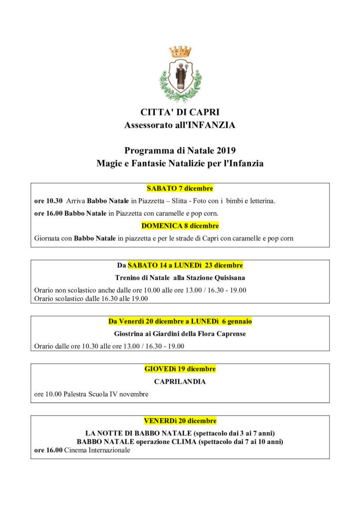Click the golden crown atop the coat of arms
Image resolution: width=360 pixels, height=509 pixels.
180,51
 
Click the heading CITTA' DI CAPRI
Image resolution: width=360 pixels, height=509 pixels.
180,112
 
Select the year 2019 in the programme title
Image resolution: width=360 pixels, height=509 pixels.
226,150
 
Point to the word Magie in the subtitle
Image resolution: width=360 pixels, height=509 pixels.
108,163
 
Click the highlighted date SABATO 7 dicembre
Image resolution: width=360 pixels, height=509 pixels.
180,188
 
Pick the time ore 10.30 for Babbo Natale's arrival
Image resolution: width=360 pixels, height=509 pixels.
48,201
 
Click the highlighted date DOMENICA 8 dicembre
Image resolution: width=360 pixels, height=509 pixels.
180,226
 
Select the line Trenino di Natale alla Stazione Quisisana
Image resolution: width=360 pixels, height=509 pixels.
180,278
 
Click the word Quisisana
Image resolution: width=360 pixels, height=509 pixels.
228,278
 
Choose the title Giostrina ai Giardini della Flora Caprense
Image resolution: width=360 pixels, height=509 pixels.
180,334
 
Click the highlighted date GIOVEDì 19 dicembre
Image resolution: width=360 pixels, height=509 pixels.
180,369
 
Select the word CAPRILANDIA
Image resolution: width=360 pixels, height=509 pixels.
180,382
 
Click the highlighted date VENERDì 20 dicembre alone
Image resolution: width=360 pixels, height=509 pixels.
180,421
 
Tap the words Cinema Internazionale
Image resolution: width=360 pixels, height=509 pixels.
97,450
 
